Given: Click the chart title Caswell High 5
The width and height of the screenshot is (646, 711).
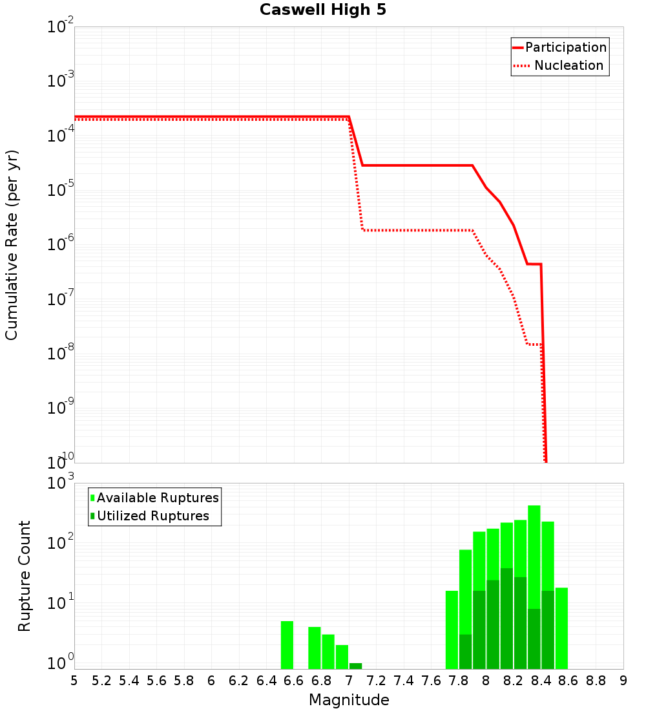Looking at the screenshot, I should click(x=323, y=10).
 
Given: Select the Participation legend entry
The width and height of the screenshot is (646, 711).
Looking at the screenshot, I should click(x=559, y=48).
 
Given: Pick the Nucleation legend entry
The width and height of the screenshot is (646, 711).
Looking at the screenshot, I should click(x=559, y=66).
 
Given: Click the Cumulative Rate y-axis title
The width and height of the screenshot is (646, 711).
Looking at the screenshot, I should click(x=12, y=245).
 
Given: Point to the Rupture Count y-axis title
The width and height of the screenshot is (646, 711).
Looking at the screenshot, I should click(x=25, y=576).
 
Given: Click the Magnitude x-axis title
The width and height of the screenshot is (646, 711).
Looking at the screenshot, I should click(x=349, y=700).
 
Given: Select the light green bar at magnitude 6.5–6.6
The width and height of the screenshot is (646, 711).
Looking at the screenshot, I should click(x=287, y=645).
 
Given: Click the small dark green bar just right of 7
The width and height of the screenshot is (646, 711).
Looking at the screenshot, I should click(x=355, y=666).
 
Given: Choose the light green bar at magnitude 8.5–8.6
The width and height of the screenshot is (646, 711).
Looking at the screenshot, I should click(x=561, y=628).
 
